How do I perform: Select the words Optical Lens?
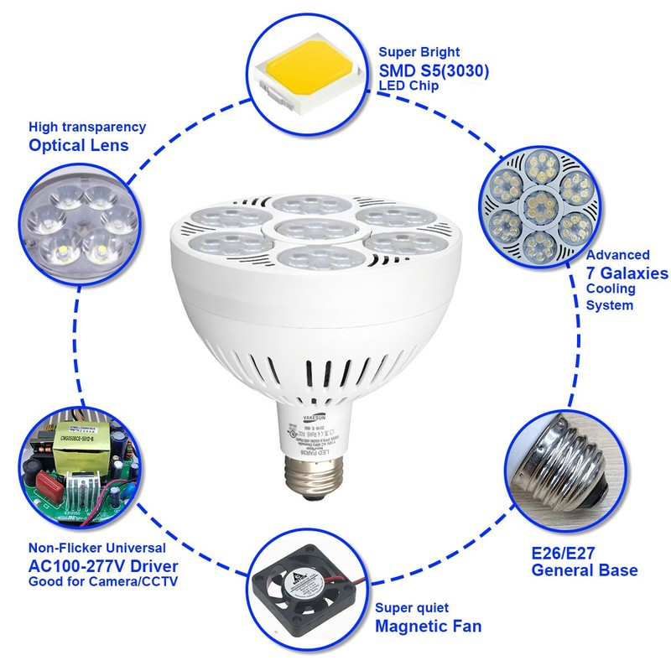point(79,145)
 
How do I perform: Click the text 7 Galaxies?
point(627,273)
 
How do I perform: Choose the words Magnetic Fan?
point(428,625)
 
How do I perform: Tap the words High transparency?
point(87,127)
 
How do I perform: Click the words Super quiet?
point(412,607)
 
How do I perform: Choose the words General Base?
point(585,570)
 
